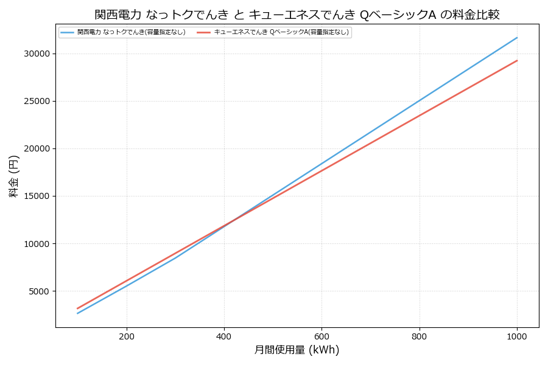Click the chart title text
point(297,15)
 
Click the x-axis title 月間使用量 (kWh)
point(297,350)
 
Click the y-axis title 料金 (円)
point(14,176)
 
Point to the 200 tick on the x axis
point(127,336)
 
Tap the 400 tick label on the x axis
point(224,336)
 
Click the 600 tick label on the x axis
point(321,336)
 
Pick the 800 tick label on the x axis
point(420,336)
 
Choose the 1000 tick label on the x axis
point(517,336)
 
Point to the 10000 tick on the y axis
point(38,244)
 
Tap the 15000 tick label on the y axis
point(38,196)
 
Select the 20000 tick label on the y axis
point(38,149)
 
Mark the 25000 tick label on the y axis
point(38,102)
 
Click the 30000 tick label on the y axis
point(38,54)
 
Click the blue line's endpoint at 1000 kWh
point(517,38)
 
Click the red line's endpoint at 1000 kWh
point(517,60)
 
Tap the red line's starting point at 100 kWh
point(77,308)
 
